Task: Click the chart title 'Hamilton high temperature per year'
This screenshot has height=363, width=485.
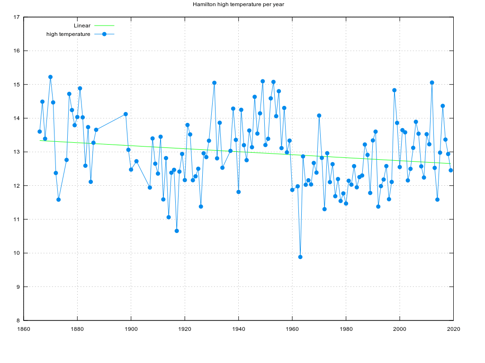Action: point(238,4)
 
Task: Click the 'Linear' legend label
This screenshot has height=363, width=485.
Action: point(82,26)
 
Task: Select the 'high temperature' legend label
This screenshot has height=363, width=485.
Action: point(68,34)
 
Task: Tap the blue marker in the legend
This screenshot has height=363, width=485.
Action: point(104,34)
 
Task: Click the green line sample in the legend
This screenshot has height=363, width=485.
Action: point(104,26)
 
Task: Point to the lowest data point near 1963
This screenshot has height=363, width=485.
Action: point(300,257)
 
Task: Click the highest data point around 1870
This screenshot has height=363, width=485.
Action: point(50,77)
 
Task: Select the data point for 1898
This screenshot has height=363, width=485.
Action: point(126,114)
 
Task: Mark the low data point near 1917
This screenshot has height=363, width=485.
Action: point(177,231)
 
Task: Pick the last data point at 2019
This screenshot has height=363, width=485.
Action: point(451,170)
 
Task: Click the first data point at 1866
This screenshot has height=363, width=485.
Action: point(40,131)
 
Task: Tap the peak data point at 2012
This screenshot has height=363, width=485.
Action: point(432,83)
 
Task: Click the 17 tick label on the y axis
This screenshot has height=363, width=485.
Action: point(17,17)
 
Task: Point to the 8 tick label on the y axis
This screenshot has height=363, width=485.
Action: point(18,320)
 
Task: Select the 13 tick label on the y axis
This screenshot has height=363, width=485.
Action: point(17,152)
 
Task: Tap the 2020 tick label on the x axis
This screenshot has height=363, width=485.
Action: point(454,329)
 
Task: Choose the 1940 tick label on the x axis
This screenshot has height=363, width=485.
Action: point(239,329)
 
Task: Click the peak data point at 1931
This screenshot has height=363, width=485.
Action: point(214,83)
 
